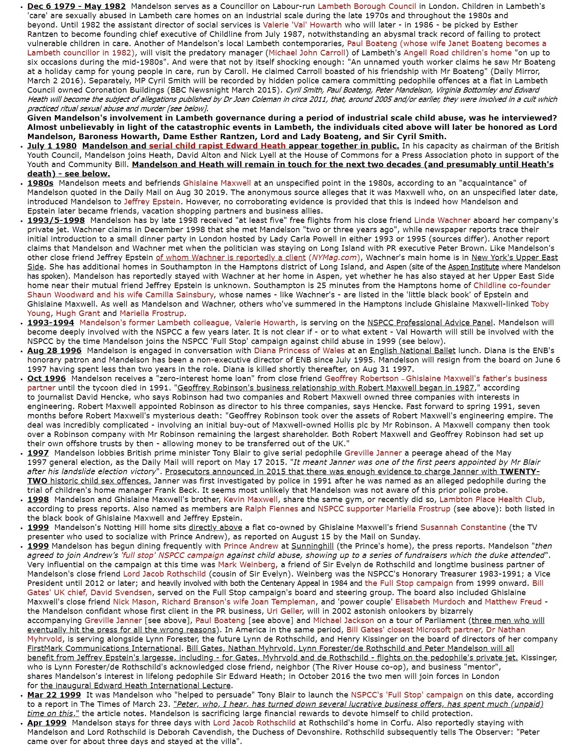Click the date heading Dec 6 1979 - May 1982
click(76, 6)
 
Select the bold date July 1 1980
click(52, 146)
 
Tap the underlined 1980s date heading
click(40, 183)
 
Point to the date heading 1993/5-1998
click(56, 220)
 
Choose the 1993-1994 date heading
click(50, 323)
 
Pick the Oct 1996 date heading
click(47, 379)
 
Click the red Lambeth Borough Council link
click(367, 6)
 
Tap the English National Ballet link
click(413, 351)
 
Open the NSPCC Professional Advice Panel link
click(430, 323)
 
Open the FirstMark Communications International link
click(104, 648)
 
